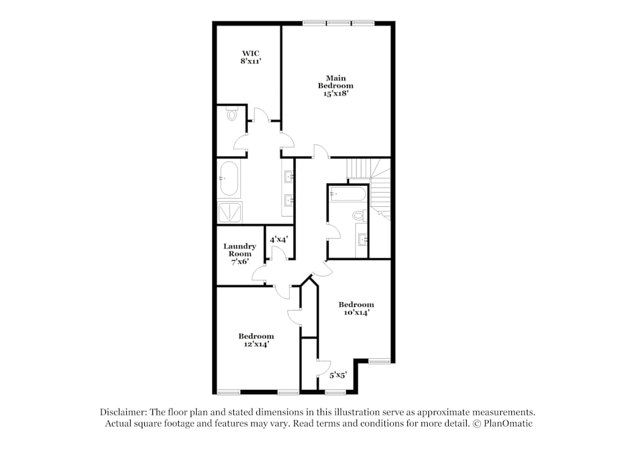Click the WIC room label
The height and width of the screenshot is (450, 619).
click(251, 57)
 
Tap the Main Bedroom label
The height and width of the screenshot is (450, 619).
click(335, 85)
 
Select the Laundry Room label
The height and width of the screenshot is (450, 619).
click(240, 254)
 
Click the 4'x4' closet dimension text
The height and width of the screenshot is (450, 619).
click(279, 239)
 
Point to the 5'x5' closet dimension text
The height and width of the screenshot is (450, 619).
click(339, 375)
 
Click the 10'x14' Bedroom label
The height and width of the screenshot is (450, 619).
click(356, 308)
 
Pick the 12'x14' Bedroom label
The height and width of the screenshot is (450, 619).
click(256, 340)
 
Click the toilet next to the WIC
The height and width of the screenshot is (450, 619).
click(232, 114)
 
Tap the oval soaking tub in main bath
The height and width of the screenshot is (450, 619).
click(229, 178)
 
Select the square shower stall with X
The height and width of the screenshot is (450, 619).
click(230, 212)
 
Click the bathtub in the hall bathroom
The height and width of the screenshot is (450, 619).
click(348, 193)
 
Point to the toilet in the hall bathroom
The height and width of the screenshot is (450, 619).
click(359, 215)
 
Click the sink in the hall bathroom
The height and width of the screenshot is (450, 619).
click(362, 239)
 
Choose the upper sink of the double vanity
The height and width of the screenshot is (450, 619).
click(288, 175)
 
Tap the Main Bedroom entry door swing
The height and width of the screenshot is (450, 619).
click(322, 151)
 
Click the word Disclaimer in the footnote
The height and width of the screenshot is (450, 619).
click(123, 412)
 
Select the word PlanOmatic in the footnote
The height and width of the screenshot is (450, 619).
click(508, 423)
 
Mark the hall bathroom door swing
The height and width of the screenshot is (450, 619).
click(334, 231)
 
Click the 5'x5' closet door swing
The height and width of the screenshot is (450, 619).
click(324, 368)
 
